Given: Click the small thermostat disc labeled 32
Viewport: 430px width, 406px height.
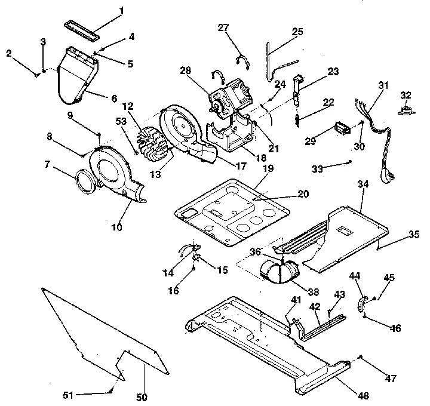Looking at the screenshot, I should [x=406, y=110].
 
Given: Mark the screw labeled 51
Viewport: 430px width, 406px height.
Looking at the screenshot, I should [x=112, y=391].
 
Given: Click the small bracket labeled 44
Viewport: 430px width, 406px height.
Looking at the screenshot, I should [x=361, y=304].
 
